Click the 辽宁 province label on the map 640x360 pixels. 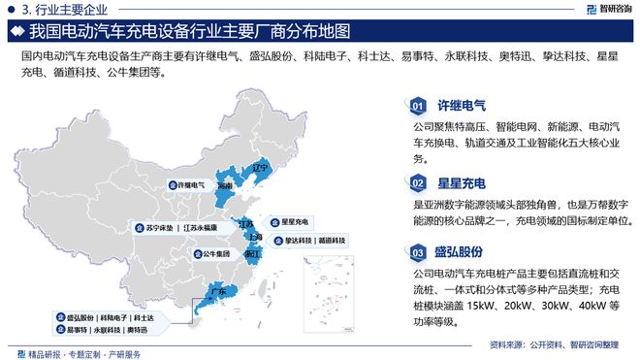259,167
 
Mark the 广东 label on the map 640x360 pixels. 219,291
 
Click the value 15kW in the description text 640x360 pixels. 481,306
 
